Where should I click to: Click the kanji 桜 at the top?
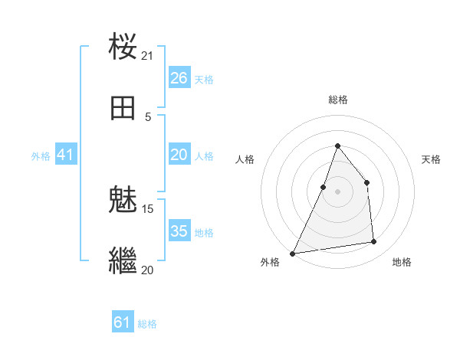(x=123, y=47)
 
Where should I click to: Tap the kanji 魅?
(x=123, y=201)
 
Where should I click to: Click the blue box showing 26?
(x=179, y=78)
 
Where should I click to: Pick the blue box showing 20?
(x=179, y=155)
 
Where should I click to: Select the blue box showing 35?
(x=179, y=231)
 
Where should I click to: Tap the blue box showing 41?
(x=66, y=155)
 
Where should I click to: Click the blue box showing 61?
(x=123, y=322)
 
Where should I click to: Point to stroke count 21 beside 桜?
(x=148, y=55)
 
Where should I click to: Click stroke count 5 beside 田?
(x=148, y=116)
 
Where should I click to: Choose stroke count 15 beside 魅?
(x=148, y=208)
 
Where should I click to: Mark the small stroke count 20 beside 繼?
(x=148, y=270)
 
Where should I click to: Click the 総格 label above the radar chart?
(x=338, y=100)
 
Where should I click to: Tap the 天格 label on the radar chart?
(x=431, y=159)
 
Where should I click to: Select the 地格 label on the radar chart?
(x=402, y=262)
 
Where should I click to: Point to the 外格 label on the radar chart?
(x=270, y=262)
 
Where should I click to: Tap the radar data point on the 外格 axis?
(x=292, y=253)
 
